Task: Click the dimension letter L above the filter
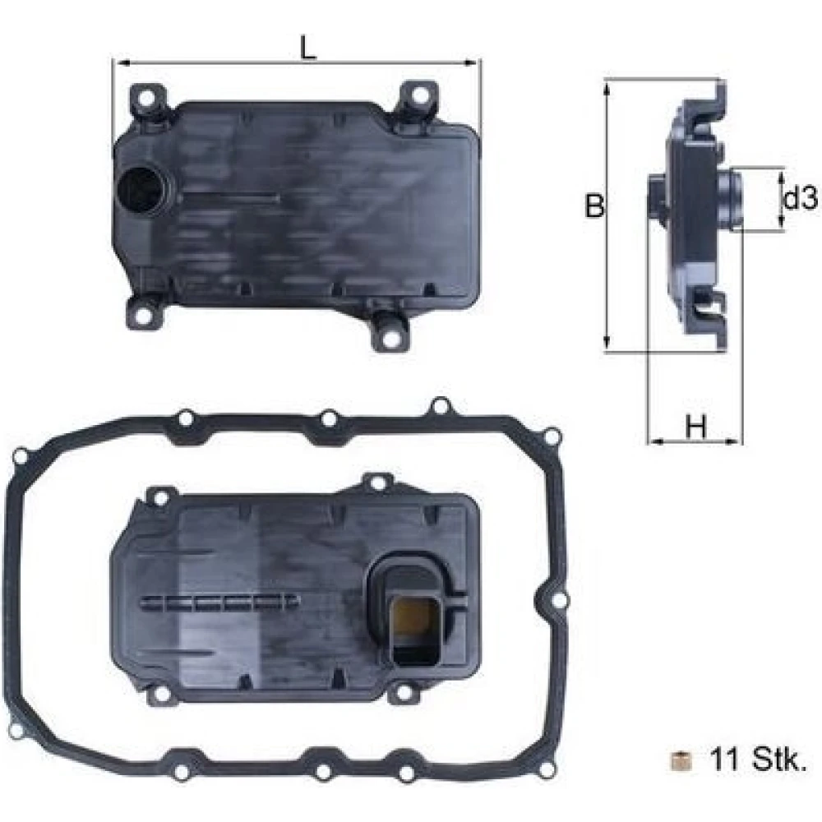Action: tap(309, 48)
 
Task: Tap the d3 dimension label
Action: tap(800, 199)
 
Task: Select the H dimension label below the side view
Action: tap(696, 427)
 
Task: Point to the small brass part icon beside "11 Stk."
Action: tap(681, 760)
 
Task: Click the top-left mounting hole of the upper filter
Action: tap(147, 98)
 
